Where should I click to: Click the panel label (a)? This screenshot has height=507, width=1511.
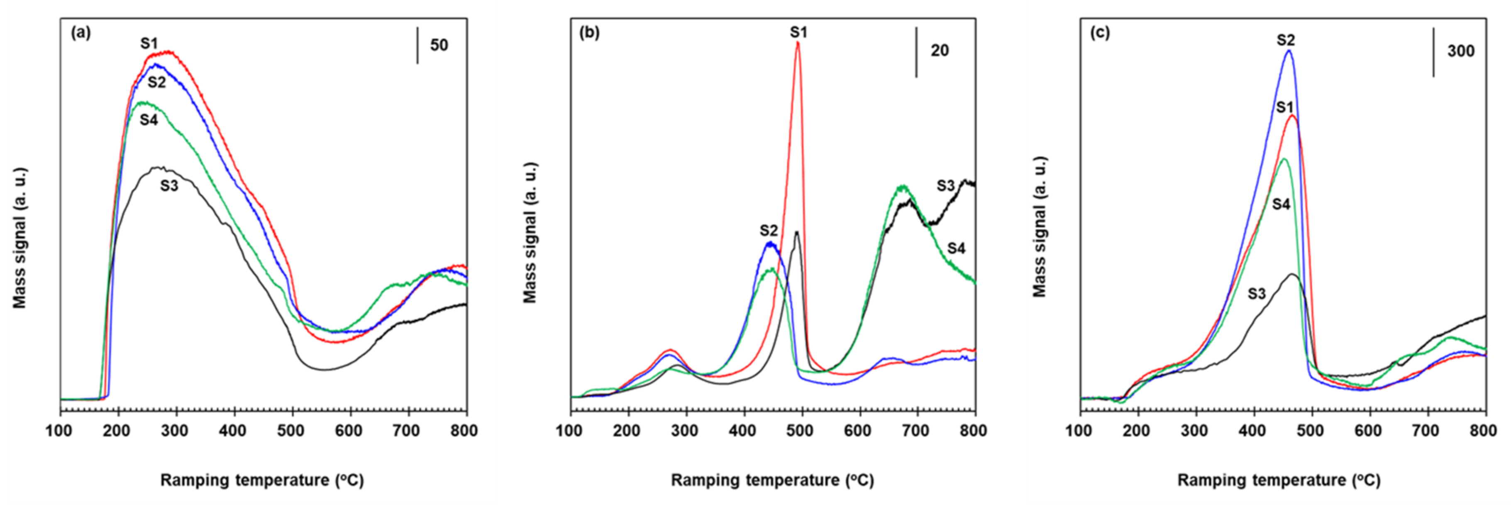pyautogui.click(x=81, y=34)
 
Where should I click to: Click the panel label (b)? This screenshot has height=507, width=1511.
pyautogui.click(x=589, y=34)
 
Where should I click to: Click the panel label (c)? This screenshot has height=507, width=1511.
pyautogui.click(x=1099, y=34)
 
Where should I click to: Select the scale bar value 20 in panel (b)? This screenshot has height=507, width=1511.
pyautogui.click(x=939, y=51)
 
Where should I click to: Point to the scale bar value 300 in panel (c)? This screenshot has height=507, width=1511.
pyautogui.click(x=1460, y=51)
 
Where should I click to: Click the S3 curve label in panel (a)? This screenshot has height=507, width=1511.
pyautogui.click(x=169, y=186)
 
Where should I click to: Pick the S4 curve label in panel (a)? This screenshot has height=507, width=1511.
pyautogui.click(x=149, y=120)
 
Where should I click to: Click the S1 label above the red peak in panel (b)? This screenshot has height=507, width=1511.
pyautogui.click(x=798, y=32)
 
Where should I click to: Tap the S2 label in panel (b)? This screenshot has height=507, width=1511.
pyautogui.click(x=769, y=230)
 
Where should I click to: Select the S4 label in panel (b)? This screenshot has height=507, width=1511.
pyautogui.click(x=956, y=249)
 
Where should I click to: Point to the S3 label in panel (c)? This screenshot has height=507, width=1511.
pyautogui.click(x=1257, y=294)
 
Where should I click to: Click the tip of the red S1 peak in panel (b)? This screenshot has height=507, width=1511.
pyautogui.click(x=798, y=42)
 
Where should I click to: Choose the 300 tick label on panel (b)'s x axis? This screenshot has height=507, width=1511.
pyautogui.click(x=685, y=431)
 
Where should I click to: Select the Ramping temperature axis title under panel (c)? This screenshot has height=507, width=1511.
pyautogui.click(x=1279, y=480)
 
